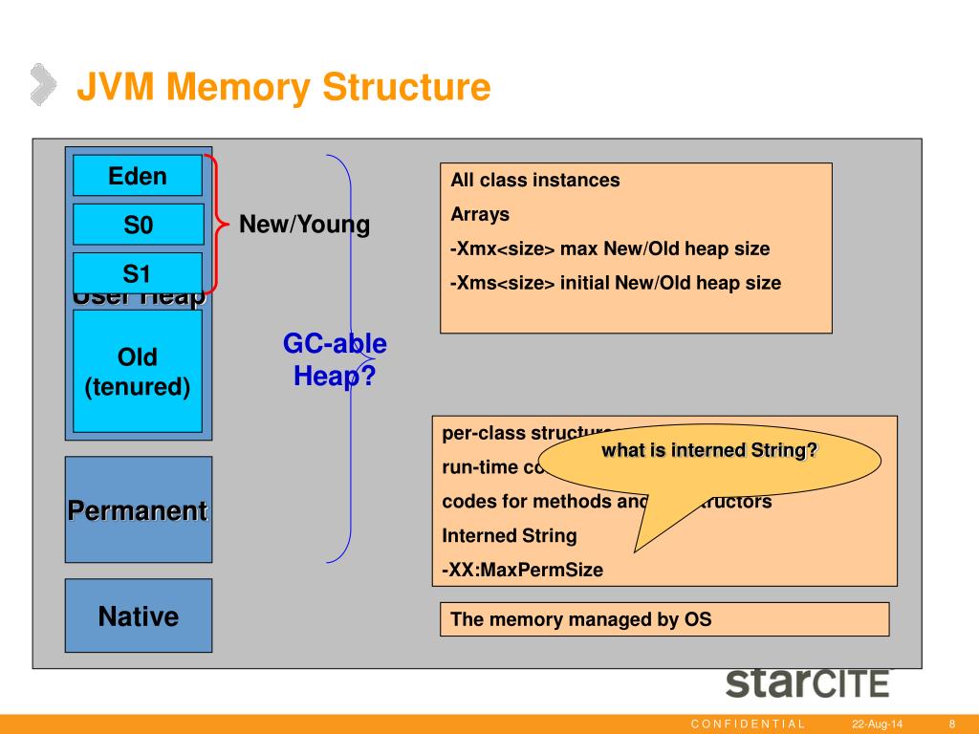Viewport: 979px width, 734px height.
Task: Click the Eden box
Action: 138,176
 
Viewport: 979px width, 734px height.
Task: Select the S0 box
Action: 138,226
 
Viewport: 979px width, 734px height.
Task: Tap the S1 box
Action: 138,274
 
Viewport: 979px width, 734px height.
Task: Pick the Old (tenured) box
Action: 138,372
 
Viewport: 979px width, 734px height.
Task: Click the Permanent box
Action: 138,510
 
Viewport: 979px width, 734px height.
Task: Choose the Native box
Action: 138,616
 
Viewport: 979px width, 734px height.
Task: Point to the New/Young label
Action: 304,225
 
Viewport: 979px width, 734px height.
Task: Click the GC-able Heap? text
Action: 335,359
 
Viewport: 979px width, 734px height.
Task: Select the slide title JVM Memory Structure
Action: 283,87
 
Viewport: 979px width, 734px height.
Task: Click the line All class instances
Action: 535,180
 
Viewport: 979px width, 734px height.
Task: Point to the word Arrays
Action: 480,214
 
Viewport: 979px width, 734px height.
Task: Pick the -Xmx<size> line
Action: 610,248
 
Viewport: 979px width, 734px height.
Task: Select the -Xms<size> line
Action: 616,283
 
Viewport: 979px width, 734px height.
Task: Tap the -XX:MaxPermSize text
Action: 523,570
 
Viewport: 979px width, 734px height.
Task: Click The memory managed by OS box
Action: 664,619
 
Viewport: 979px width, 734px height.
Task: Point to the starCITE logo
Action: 807,682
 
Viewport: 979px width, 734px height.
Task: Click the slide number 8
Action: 953,723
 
